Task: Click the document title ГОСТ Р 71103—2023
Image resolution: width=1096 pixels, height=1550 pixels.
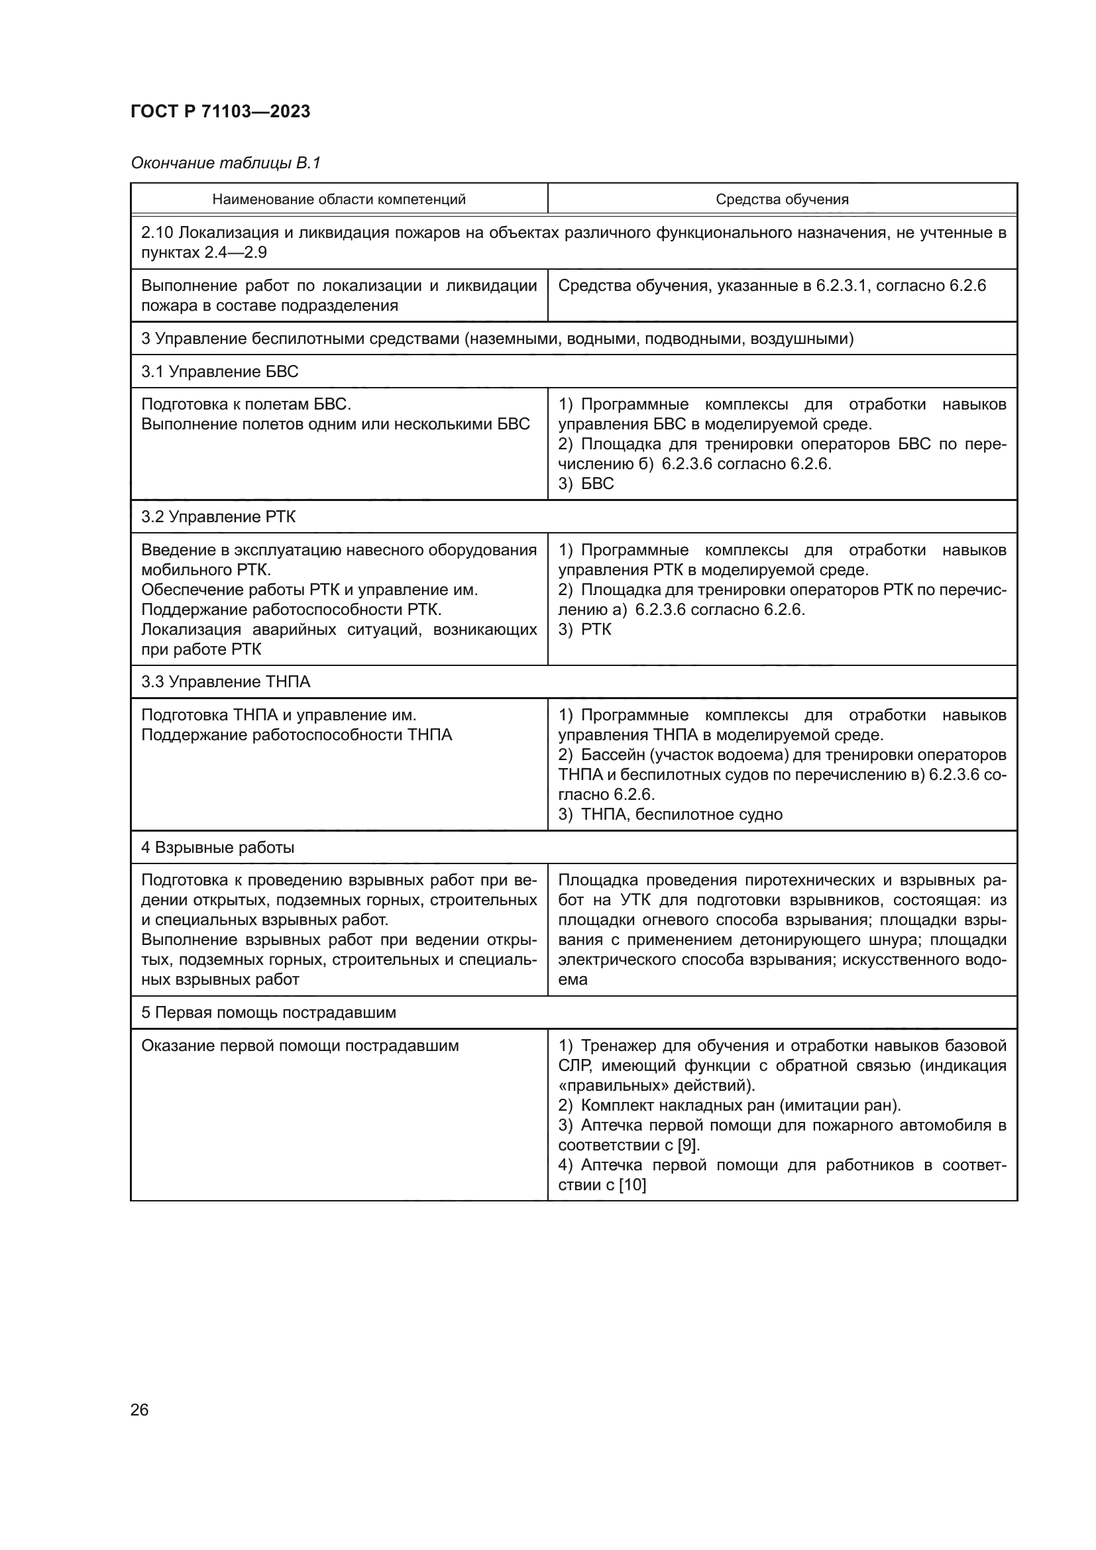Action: [220, 111]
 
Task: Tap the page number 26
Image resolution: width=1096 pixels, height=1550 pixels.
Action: [139, 1410]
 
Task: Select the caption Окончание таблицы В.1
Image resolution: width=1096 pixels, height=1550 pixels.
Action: [225, 163]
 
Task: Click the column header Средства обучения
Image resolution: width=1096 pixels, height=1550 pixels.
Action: [781, 199]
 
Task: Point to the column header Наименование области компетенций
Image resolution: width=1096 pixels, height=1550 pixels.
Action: [339, 199]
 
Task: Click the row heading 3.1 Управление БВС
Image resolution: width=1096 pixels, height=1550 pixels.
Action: [219, 371]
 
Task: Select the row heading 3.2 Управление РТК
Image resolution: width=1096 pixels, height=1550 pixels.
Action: [218, 516]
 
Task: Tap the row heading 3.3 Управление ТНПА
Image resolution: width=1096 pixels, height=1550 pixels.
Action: [225, 682]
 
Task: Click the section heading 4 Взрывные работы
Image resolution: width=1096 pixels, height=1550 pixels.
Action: [217, 848]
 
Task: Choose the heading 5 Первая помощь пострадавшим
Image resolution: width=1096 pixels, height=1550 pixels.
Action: [268, 1013]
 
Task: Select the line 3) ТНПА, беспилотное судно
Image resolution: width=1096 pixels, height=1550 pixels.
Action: [670, 814]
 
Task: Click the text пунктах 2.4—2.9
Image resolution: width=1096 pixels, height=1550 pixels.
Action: [204, 252]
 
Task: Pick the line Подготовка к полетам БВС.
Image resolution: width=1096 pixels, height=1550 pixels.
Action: [246, 404]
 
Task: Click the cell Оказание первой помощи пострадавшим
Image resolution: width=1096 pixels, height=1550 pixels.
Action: [300, 1046]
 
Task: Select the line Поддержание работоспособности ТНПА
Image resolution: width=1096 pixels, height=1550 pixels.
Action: [296, 734]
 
